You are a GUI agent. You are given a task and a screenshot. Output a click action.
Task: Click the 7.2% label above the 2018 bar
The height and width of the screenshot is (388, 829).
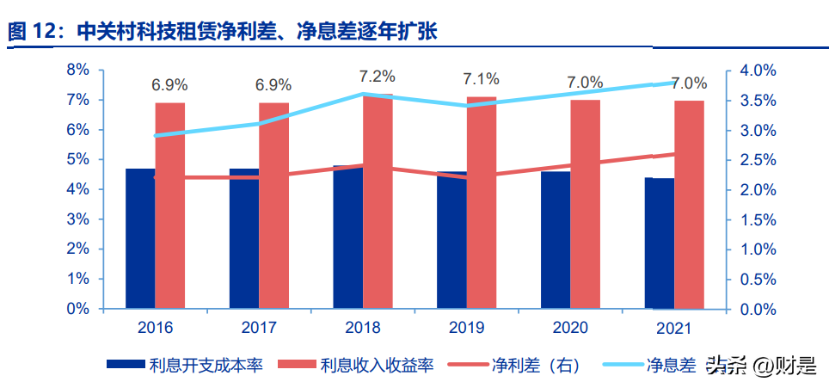click(x=378, y=77)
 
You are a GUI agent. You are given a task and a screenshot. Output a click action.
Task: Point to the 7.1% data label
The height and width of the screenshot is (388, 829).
click(x=481, y=80)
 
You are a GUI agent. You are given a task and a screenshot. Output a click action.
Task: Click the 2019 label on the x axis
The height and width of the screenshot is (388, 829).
click(x=466, y=328)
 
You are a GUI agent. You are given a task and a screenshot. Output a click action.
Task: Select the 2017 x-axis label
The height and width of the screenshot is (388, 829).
click(x=259, y=328)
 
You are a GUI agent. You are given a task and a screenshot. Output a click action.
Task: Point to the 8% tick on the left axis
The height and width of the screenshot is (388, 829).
click(x=78, y=70)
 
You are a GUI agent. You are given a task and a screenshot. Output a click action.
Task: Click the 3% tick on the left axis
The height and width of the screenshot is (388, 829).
click(x=78, y=219)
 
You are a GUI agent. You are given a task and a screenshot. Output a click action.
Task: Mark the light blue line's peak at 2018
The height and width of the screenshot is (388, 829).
click(x=363, y=94)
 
